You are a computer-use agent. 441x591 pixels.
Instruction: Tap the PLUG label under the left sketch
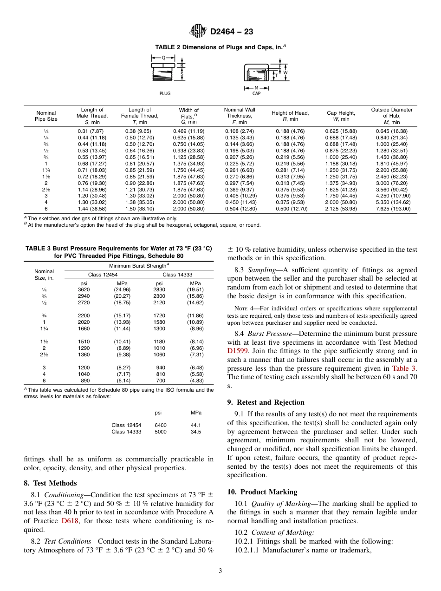click(x=165, y=93)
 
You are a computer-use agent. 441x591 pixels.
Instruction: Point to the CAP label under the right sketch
click(x=256, y=93)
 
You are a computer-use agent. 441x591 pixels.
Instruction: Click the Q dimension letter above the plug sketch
click(x=163, y=58)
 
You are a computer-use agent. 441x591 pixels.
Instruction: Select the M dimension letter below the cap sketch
click(x=256, y=87)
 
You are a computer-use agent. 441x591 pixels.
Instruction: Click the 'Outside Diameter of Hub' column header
click(x=391, y=116)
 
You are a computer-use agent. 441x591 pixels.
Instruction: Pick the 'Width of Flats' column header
click(x=188, y=116)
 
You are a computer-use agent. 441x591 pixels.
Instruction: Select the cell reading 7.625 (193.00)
click(x=393, y=209)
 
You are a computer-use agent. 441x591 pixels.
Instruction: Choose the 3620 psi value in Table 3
click(x=84, y=289)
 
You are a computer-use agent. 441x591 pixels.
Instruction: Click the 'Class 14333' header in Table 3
click(x=175, y=275)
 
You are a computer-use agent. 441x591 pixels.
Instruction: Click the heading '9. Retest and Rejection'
click(x=266, y=402)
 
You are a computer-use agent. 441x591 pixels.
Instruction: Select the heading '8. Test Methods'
click(x=50, y=483)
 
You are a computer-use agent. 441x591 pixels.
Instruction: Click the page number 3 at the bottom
click(x=220, y=571)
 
